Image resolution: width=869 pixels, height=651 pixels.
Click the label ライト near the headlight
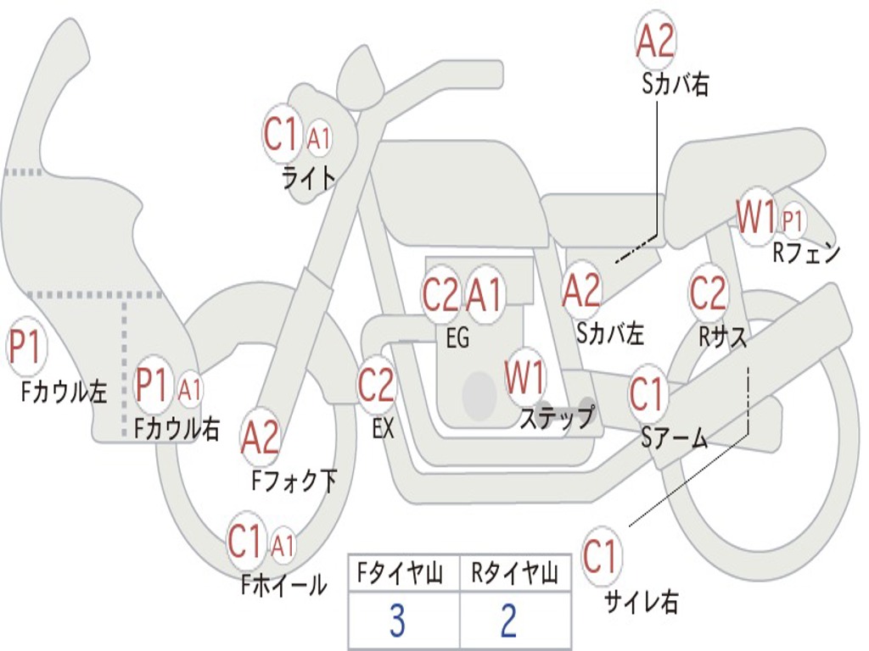pos(309,177)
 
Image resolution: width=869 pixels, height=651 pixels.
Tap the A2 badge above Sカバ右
pos(655,41)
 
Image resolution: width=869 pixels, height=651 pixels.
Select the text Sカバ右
pos(676,85)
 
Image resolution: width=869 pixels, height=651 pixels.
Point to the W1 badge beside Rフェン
pos(755,218)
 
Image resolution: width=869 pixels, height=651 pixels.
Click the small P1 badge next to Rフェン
pos(793,221)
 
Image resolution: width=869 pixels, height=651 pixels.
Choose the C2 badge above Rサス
pos(708,293)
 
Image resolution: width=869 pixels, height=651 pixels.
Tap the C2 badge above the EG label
pos(440,295)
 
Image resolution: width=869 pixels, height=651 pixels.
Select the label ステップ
pos(557,418)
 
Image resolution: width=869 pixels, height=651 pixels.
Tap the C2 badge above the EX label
pos(376,387)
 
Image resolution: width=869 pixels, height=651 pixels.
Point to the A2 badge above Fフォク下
pos(260,437)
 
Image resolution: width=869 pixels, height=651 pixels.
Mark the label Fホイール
pos(283,585)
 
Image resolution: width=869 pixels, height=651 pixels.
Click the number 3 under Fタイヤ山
pos(397,621)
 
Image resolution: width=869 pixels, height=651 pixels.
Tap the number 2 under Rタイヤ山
pos(509,621)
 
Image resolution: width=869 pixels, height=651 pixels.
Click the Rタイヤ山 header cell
pos(514,576)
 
